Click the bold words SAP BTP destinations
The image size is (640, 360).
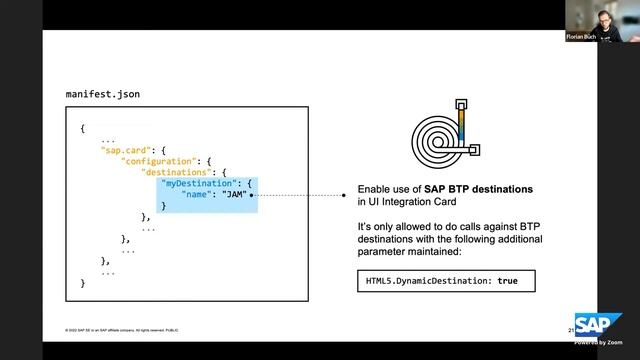pos(479,189)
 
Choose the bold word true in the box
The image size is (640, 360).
pos(508,281)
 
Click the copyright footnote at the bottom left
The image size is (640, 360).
pos(121,331)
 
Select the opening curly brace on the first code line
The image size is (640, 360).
pos(83,129)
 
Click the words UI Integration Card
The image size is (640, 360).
pos(410,201)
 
